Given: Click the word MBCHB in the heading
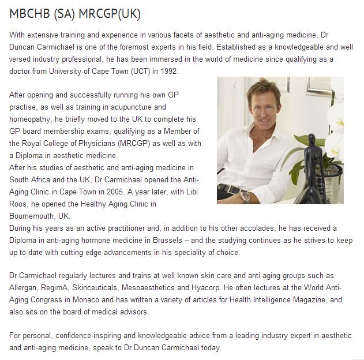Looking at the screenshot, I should coord(28,14).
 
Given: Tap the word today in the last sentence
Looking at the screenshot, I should coord(210,348).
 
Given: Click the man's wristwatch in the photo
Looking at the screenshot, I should coord(245,196).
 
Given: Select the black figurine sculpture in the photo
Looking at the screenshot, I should coord(315,173).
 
